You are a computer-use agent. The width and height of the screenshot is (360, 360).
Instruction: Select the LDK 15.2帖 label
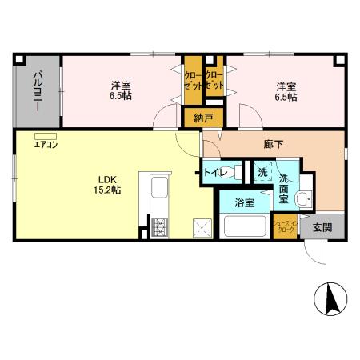(109, 184)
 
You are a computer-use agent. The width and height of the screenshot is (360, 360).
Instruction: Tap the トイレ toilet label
(217, 172)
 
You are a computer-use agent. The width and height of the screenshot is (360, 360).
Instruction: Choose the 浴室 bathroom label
(245, 202)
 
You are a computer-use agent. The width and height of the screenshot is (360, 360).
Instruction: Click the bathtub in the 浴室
(246, 226)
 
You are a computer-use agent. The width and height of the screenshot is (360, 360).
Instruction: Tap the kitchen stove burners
(158, 226)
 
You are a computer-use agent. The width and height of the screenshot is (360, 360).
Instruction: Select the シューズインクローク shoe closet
(284, 226)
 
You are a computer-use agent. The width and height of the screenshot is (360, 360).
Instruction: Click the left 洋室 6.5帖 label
(122, 90)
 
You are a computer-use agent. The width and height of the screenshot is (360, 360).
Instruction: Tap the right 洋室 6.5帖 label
(286, 90)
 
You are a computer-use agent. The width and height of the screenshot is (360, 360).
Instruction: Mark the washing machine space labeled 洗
(263, 172)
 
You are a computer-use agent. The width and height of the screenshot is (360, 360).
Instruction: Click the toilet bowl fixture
(239, 172)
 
